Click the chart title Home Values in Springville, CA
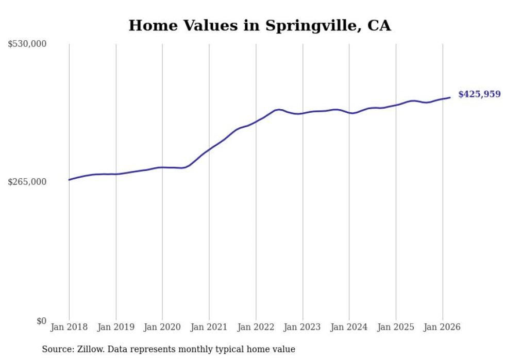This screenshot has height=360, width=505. [x=260, y=25]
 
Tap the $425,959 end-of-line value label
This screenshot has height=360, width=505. [x=479, y=94]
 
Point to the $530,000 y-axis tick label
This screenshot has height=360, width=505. [x=27, y=44]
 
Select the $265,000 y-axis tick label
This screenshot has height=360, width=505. [x=27, y=182]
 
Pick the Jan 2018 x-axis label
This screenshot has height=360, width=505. [x=69, y=327]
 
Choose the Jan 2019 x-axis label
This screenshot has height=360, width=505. [x=116, y=327]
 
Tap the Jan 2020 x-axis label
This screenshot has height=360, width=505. [x=162, y=327]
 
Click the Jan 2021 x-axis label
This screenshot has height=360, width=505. [x=209, y=327]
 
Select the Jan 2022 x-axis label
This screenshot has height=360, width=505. [x=256, y=327]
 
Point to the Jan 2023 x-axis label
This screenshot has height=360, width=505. [x=302, y=327]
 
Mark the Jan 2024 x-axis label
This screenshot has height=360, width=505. [x=349, y=327]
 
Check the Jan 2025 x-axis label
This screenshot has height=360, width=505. [x=396, y=327]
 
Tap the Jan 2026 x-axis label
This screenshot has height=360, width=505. [x=443, y=327]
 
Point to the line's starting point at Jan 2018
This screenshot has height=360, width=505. [x=69, y=180]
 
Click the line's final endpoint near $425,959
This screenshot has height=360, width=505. [x=450, y=97]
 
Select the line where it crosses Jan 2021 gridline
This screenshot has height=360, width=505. [x=209, y=150]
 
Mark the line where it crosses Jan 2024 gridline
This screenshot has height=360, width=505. [x=349, y=112]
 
